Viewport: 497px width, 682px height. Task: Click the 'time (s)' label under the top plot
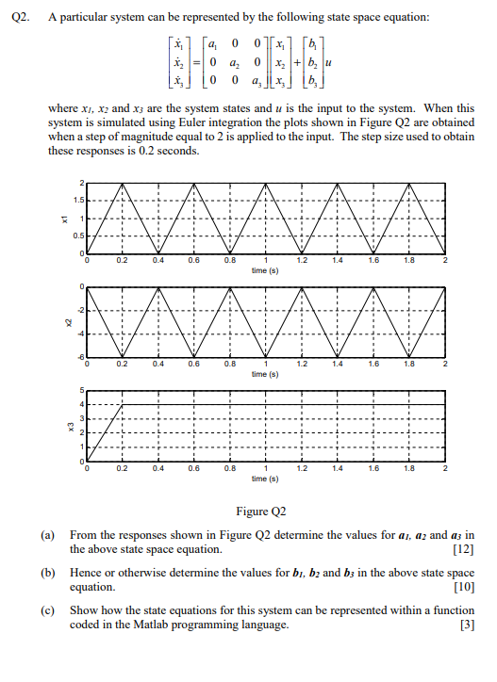click(265, 270)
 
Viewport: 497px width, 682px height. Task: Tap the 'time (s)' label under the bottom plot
click(265, 478)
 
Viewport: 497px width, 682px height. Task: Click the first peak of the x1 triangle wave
click(124, 183)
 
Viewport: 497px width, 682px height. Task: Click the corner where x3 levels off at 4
click(124, 404)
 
